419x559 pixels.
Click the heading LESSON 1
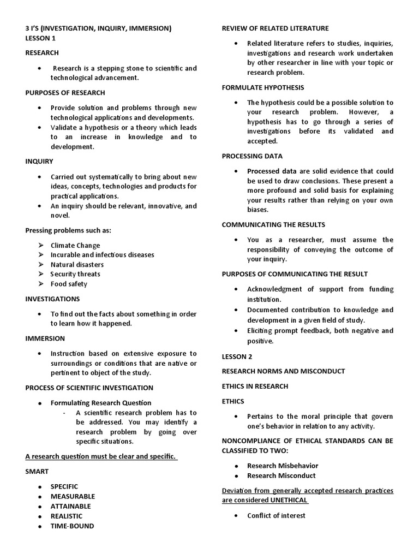click(40, 38)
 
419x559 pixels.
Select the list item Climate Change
click(75, 245)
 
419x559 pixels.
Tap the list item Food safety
click(69, 284)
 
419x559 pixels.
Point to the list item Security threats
click(75, 274)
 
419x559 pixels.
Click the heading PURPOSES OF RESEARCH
click(65, 93)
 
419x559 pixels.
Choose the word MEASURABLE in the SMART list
click(73, 496)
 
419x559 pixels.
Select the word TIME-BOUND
click(72, 526)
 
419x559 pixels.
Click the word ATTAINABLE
click(71, 506)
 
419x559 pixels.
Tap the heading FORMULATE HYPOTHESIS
click(263, 87)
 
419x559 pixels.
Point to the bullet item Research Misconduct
click(281, 475)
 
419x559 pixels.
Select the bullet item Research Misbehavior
click(283, 466)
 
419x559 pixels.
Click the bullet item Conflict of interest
click(276, 515)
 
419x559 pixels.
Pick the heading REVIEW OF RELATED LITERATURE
click(275, 28)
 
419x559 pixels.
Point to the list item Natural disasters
click(77, 264)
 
